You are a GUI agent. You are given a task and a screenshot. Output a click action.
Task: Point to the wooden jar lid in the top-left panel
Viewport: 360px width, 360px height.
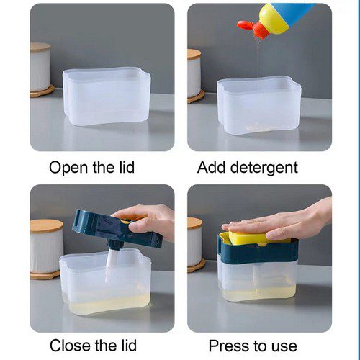tap(41, 48)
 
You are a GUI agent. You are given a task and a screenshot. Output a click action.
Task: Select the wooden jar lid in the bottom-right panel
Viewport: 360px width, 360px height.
tap(195, 222)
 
